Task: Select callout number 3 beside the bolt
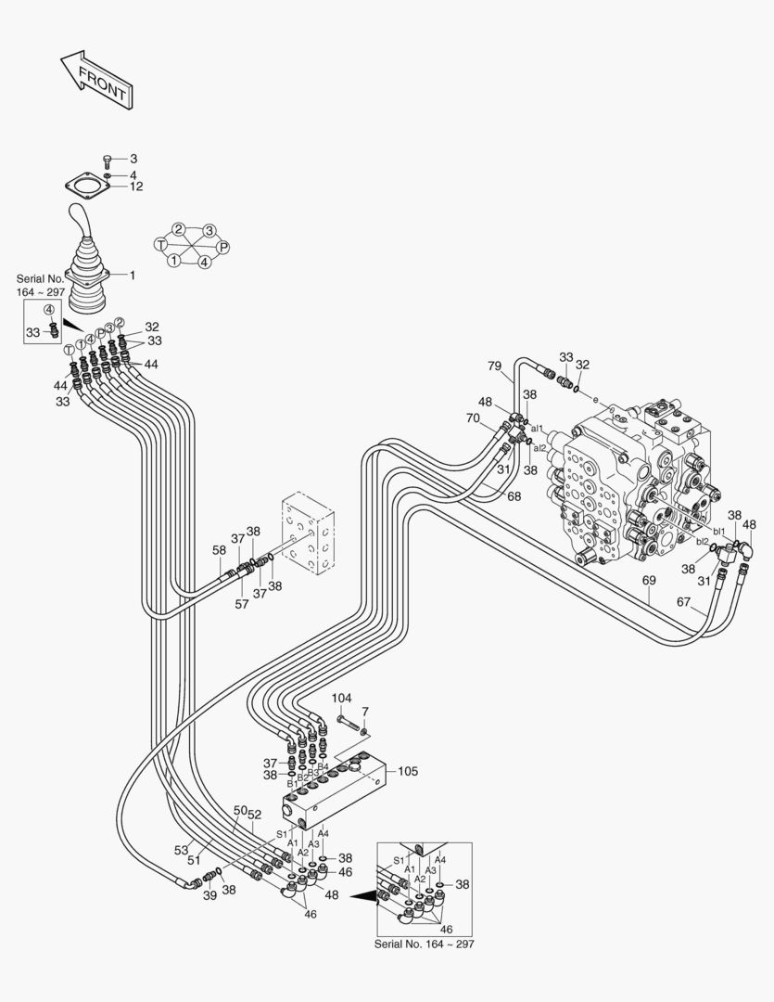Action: pos(133,160)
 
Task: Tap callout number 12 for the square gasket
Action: pos(135,186)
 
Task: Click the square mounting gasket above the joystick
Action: pos(88,188)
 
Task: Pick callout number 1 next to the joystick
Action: pos(132,275)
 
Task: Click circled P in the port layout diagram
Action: pos(222,247)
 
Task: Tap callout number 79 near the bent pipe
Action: pos(495,366)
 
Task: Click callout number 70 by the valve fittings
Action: pos(473,418)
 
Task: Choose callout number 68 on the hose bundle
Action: pos(514,498)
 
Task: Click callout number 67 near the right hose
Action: pos(683,602)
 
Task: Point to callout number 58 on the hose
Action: pos(219,550)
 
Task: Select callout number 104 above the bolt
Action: pos(342,697)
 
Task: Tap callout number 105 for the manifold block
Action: pos(409,771)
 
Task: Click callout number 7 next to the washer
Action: pos(365,711)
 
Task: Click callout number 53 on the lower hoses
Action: pos(181,849)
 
